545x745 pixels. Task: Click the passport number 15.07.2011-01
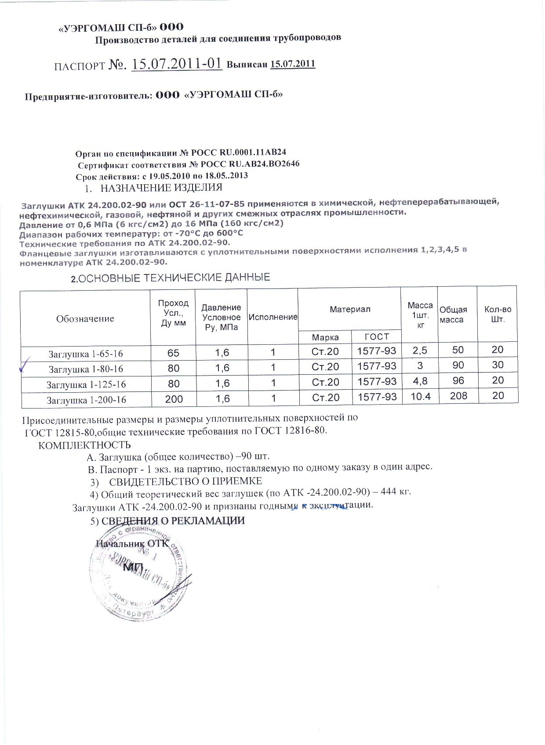pyautogui.click(x=176, y=63)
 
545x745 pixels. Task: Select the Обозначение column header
pyautogui.click(x=85, y=318)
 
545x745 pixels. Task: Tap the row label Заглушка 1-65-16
pyautogui.click(x=86, y=354)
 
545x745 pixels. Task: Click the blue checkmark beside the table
pyautogui.click(x=25, y=365)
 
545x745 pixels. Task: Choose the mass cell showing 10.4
pyautogui.click(x=421, y=397)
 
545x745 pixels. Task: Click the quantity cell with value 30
pyautogui.click(x=498, y=365)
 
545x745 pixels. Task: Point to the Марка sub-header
pyautogui.click(x=325, y=337)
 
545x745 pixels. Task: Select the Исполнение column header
pyautogui.click(x=272, y=317)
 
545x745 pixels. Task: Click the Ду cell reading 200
pyautogui.click(x=174, y=399)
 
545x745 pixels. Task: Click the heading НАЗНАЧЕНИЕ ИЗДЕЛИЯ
pyautogui.click(x=161, y=188)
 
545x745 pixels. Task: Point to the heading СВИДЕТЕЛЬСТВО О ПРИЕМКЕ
pyautogui.click(x=185, y=480)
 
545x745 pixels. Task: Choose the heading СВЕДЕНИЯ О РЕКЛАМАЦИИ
pyautogui.click(x=173, y=521)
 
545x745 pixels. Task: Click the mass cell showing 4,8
pyautogui.click(x=421, y=381)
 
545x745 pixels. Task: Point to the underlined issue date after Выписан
pyautogui.click(x=293, y=64)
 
